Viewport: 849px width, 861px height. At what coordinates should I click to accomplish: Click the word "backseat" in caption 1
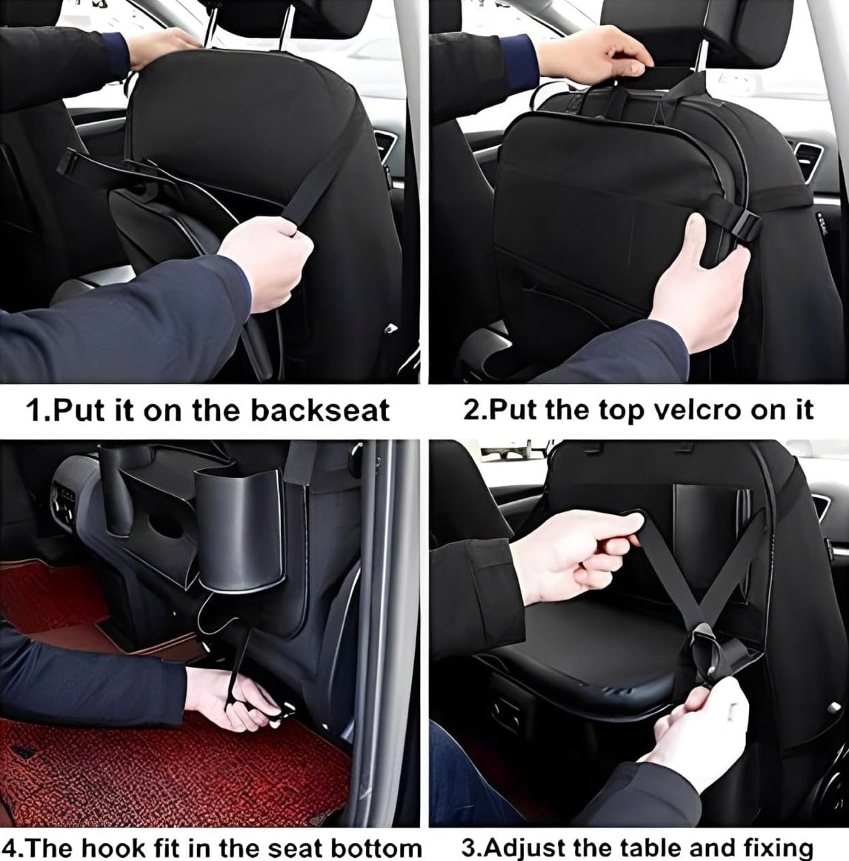[319, 410]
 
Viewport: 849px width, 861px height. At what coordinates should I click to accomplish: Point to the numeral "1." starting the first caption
[38, 410]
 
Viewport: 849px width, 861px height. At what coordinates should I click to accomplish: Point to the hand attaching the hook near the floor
[226, 697]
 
